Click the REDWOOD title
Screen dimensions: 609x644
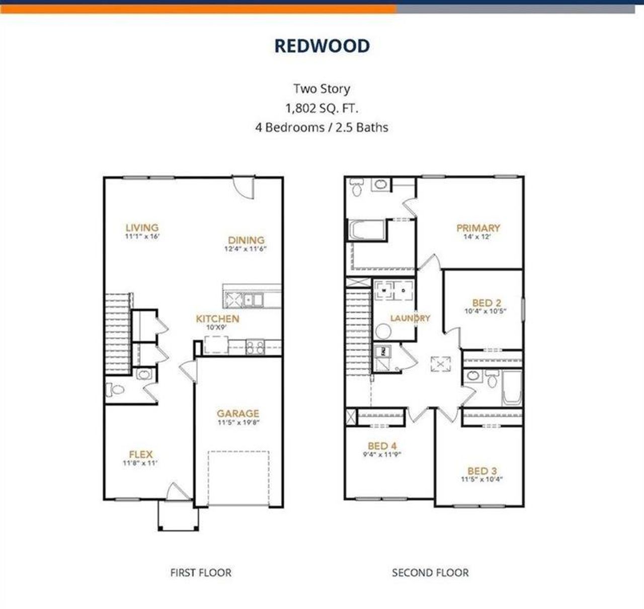point(322,46)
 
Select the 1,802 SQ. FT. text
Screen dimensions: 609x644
point(322,108)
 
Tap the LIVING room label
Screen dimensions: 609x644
point(142,228)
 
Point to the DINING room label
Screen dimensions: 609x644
point(246,240)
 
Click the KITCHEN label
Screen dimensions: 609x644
point(217,319)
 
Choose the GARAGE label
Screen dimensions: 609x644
point(238,414)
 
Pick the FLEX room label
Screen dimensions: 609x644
point(140,454)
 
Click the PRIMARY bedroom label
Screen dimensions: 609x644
point(478,228)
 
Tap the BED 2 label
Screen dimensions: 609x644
point(486,303)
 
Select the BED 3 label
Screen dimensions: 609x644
point(481,471)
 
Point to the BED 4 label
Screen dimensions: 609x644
point(382,446)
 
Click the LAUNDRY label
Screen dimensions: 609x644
point(410,318)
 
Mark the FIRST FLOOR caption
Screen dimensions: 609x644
point(201,573)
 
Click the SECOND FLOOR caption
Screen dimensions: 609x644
point(430,573)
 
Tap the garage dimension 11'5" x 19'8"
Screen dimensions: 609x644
point(238,423)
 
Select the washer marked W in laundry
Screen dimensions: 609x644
point(384,291)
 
